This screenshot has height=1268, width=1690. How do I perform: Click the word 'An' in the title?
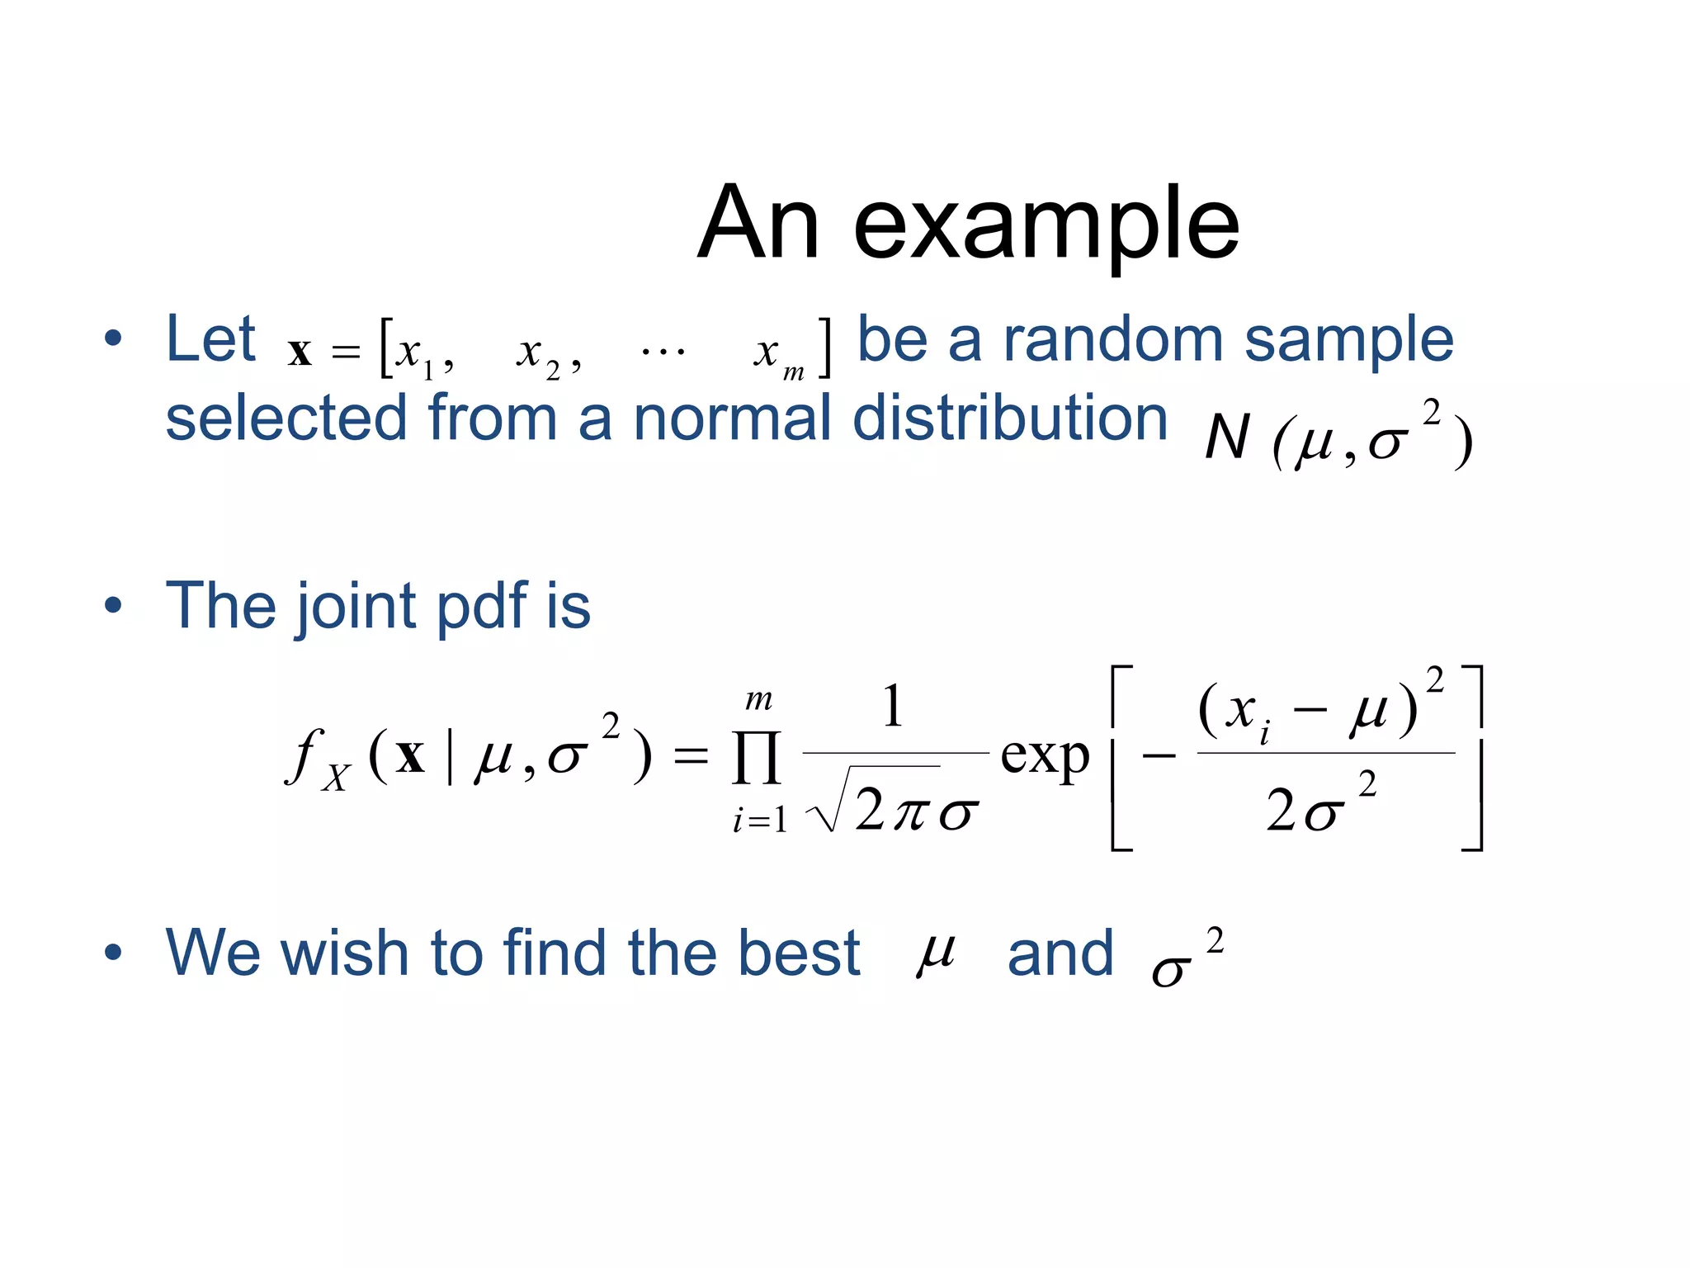(x=758, y=223)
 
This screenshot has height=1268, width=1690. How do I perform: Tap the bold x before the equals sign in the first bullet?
(x=300, y=352)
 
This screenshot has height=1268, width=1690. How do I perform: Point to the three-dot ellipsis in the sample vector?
(x=663, y=352)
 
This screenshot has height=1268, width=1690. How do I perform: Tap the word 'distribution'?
(x=1009, y=418)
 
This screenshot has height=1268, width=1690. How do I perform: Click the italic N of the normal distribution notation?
(x=1227, y=438)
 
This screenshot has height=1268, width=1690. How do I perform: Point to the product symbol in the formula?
(x=756, y=758)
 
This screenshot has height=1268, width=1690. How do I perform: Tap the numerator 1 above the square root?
(x=893, y=707)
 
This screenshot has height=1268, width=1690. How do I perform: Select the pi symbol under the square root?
(x=912, y=812)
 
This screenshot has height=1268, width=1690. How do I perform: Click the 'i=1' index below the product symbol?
(x=759, y=821)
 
